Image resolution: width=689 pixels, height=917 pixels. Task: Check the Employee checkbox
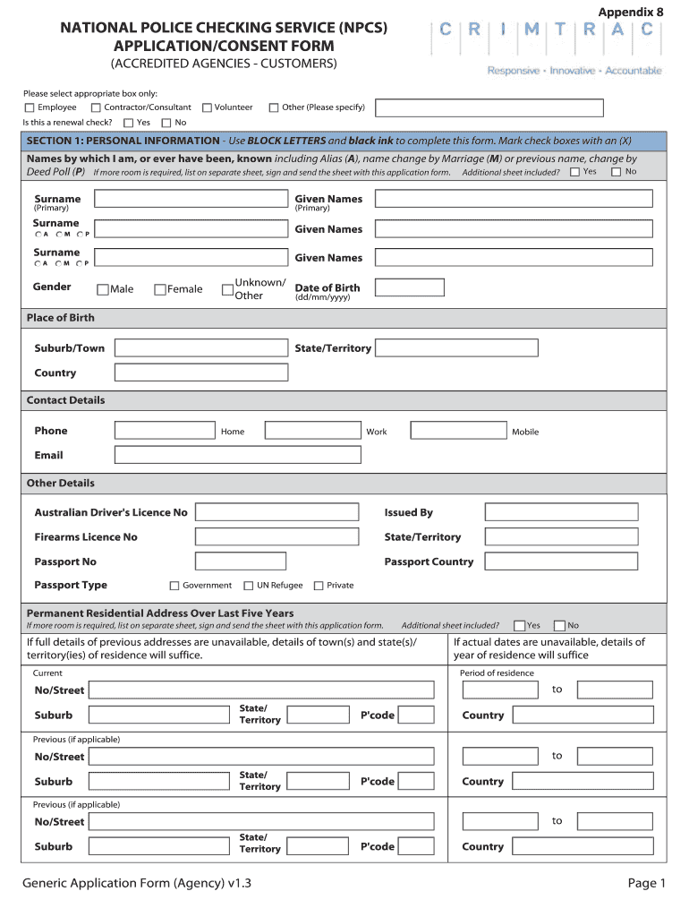(x=30, y=107)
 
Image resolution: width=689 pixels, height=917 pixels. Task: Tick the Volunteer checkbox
(x=207, y=107)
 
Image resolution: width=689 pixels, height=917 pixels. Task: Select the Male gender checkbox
(x=103, y=289)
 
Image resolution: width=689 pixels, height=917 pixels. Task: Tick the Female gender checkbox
(x=160, y=289)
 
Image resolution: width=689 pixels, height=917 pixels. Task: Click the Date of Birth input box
(x=409, y=287)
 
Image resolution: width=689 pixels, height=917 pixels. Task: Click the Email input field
(x=237, y=455)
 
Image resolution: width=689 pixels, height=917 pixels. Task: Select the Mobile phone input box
(x=458, y=431)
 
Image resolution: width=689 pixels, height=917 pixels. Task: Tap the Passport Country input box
(x=561, y=561)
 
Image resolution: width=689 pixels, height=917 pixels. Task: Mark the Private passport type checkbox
(x=319, y=586)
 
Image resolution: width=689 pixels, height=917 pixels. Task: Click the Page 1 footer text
(x=646, y=884)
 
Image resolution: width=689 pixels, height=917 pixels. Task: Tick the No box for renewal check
(x=166, y=123)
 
